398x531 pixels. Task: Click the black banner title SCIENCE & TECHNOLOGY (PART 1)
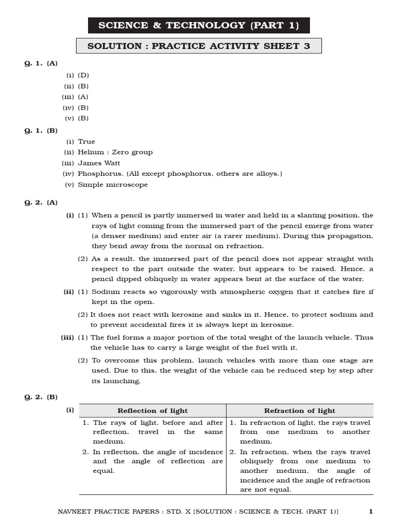point(199,25)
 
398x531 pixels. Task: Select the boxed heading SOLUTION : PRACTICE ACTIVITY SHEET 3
point(199,46)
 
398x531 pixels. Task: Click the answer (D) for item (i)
point(83,75)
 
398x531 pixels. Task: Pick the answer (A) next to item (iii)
point(83,97)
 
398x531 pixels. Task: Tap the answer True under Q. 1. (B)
point(87,142)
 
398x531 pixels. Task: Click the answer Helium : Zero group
point(115,152)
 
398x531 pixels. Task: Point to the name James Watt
point(99,163)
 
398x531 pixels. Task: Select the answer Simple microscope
point(112,185)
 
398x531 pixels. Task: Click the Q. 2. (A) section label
point(41,203)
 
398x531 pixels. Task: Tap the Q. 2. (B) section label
point(41,397)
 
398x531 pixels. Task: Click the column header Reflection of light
point(152,411)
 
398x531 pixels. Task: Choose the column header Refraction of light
point(300,411)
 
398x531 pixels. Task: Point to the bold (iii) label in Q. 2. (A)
point(67,338)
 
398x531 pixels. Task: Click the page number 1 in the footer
point(371,512)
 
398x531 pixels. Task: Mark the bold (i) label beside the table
point(70,410)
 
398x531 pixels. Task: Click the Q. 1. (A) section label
point(41,63)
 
